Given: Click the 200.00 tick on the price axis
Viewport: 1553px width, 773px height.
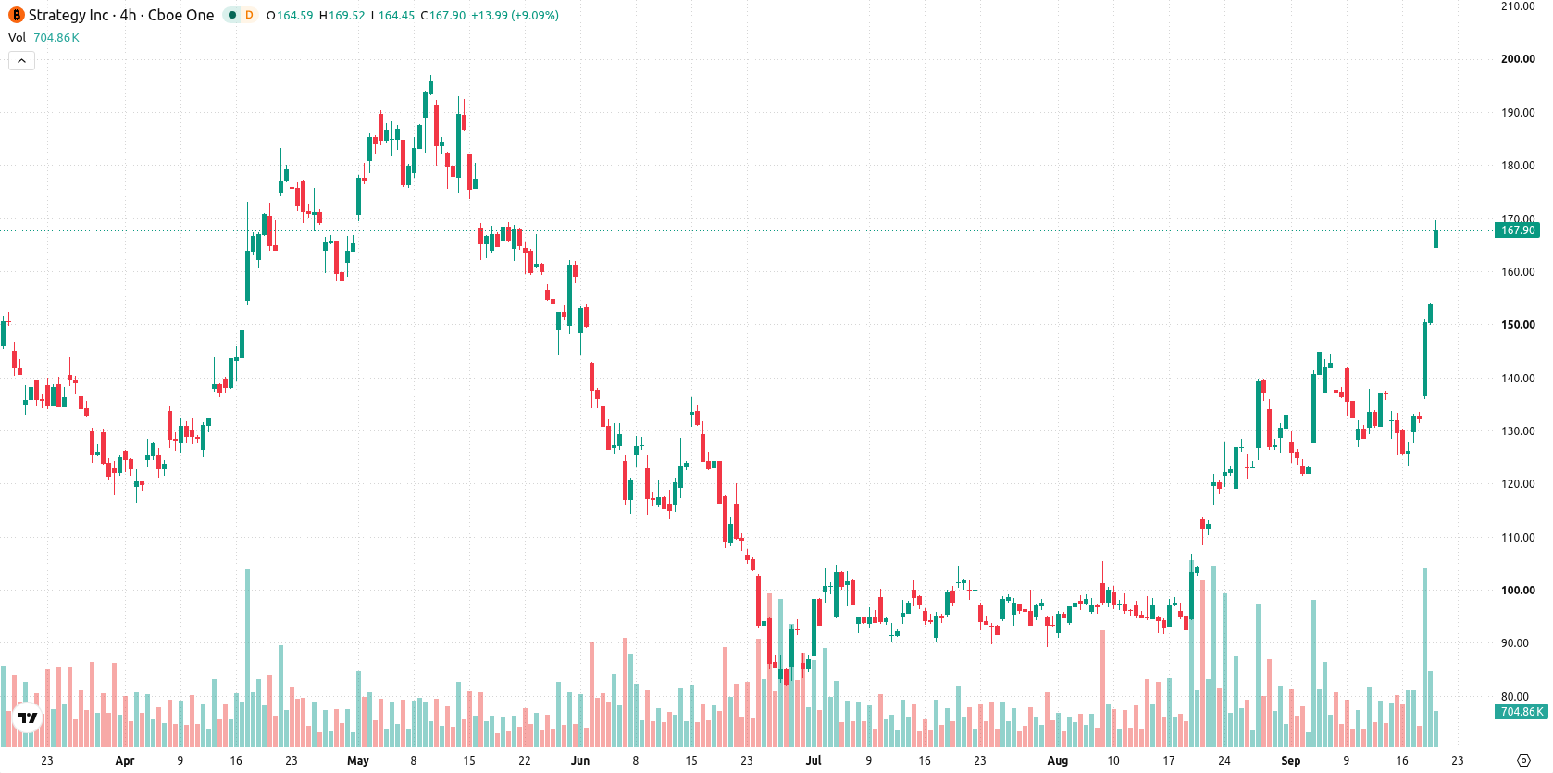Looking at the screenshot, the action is click(1518, 59).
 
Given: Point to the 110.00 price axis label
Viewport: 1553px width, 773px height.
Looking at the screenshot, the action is click(1518, 537).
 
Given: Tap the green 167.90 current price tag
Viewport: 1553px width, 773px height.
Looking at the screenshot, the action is click(1517, 231).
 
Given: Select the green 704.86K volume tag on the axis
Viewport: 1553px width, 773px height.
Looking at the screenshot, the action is click(1522, 711).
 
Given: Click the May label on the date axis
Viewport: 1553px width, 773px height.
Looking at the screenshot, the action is click(358, 761).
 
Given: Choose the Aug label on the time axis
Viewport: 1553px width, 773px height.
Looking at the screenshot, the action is click(1057, 761).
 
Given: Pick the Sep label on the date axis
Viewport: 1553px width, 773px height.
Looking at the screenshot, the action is click(1290, 761).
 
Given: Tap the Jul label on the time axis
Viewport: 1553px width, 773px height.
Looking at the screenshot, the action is click(814, 761).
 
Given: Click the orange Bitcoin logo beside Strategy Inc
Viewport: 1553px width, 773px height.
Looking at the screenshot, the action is click(16, 15).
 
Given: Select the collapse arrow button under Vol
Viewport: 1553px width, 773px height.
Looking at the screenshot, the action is click(21, 61).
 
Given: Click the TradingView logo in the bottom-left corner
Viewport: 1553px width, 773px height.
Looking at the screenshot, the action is click(28, 717).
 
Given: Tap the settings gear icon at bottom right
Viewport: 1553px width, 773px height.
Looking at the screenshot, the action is click(1523, 761).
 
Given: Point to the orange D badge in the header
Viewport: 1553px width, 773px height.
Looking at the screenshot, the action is click(249, 15).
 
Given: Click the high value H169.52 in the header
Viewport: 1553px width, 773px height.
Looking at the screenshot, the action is click(342, 15).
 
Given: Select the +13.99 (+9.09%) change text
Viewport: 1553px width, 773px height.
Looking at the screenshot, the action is click(515, 15).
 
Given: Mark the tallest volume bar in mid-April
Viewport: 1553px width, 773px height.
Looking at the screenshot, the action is click(247, 658).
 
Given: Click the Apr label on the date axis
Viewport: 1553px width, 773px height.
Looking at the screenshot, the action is click(125, 761).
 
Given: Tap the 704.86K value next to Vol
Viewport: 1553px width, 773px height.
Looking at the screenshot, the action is click(56, 37).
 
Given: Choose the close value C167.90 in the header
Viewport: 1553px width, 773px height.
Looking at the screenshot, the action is click(443, 15).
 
